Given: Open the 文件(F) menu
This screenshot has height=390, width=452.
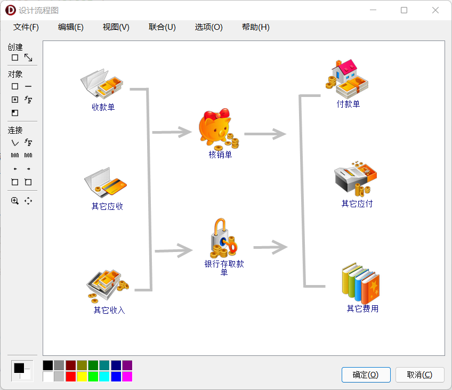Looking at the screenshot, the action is [26, 27].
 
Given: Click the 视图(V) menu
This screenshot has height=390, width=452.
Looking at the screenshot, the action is [116, 27].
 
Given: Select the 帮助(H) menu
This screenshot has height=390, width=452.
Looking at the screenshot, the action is [255, 27].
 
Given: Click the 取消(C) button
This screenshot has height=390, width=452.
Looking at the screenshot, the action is [419, 375].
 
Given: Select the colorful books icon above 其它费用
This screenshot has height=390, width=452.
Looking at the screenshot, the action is [360, 283].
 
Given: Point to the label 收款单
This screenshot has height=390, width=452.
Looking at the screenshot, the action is [103, 107].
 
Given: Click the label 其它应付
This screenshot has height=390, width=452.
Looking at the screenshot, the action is [357, 204].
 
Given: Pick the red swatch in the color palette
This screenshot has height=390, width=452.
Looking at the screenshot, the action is [71, 376].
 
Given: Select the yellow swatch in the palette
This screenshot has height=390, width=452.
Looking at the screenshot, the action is [82, 376].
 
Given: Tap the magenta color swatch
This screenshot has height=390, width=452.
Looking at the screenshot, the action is [127, 376].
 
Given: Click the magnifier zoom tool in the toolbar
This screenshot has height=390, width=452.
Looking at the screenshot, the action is [15, 201].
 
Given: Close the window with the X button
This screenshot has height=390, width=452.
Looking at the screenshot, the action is [435, 10].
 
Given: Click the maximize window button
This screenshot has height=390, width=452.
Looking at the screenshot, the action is [404, 10].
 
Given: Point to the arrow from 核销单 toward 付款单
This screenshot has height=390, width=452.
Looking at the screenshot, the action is [265, 134].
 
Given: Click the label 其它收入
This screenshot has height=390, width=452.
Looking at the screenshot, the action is [109, 310].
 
